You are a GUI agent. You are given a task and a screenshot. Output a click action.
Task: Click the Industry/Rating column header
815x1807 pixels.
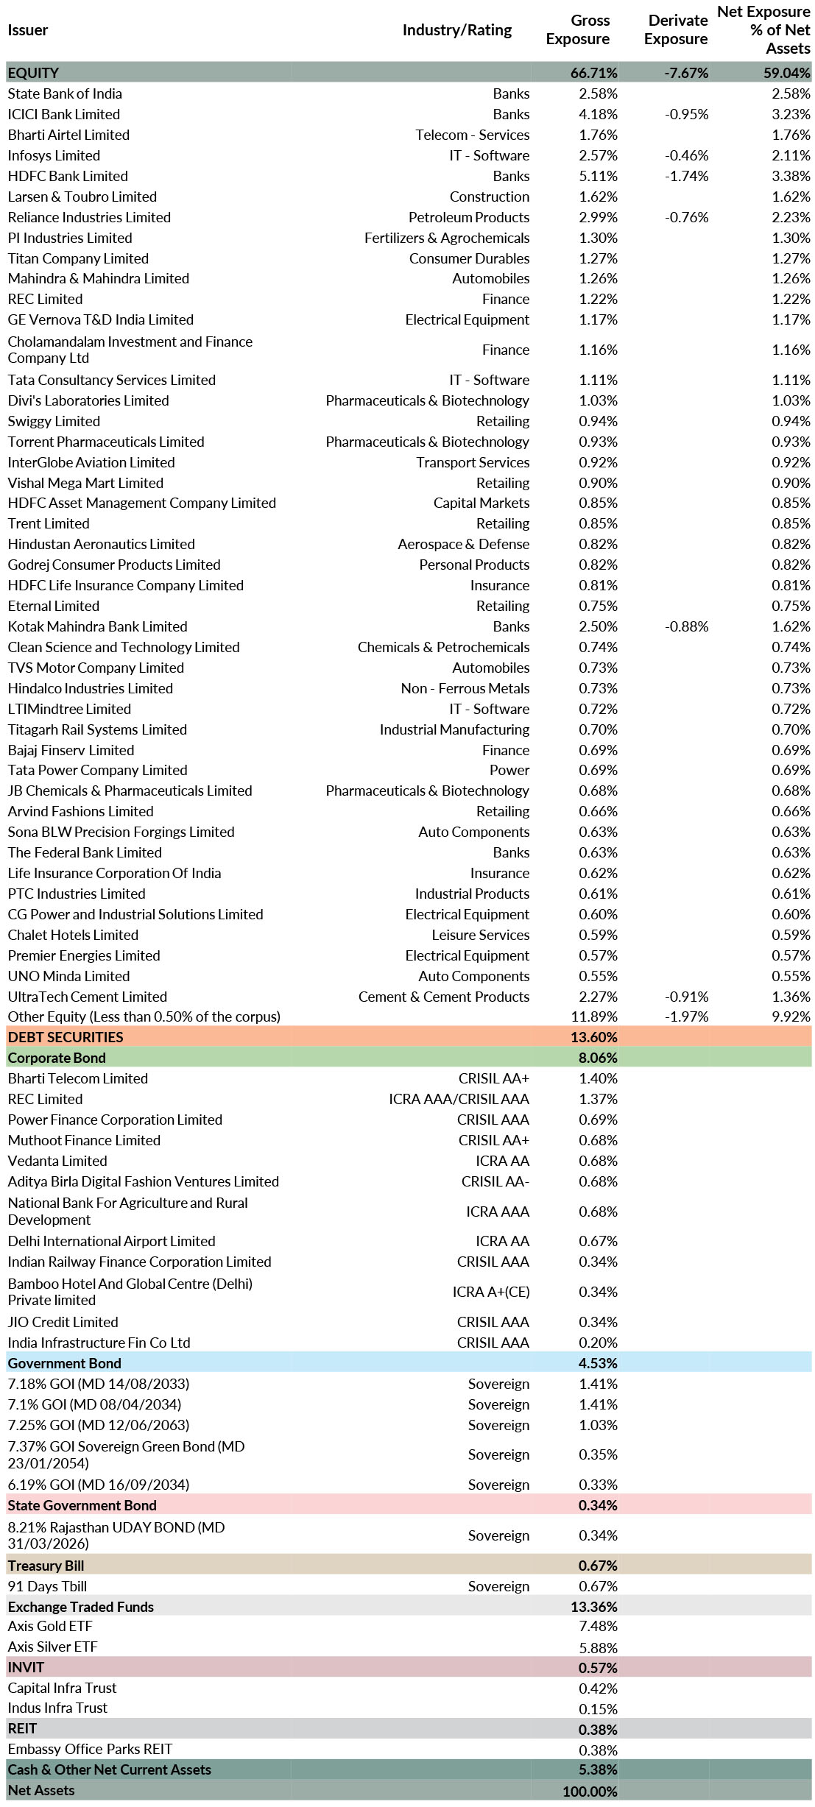[x=456, y=30]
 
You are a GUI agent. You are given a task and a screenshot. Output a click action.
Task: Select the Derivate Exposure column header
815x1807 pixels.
[x=675, y=30]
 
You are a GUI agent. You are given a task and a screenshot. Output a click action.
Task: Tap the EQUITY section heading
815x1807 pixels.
[x=33, y=73]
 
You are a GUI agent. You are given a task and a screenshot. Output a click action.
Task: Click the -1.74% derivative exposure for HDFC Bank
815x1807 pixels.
[x=686, y=176]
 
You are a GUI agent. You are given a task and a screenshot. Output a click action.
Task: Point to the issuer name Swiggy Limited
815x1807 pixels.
[x=54, y=421]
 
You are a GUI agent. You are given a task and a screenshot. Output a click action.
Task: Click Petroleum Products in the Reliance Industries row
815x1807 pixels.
[x=469, y=217]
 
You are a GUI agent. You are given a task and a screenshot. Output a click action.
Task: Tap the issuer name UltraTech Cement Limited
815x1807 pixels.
[x=87, y=997]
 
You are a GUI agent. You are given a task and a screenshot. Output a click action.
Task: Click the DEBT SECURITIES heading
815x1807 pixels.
[x=66, y=1037]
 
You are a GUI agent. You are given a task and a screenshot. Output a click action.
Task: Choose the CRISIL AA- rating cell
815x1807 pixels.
[x=495, y=1181]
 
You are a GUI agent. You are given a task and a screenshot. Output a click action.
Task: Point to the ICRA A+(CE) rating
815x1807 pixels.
[x=490, y=1292]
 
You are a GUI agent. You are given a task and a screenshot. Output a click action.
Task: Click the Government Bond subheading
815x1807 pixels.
[x=64, y=1363]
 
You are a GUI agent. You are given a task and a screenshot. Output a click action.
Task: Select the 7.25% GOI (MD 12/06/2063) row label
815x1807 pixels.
[x=98, y=1425]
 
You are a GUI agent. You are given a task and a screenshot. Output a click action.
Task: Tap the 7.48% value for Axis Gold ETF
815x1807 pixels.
[x=598, y=1626]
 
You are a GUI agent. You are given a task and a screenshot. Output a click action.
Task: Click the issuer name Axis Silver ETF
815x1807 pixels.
[x=52, y=1647]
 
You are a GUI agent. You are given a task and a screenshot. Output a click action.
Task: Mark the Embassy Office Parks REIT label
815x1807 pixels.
[x=90, y=1749]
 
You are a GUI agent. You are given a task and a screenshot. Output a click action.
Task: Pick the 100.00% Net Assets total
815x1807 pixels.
[x=590, y=1791]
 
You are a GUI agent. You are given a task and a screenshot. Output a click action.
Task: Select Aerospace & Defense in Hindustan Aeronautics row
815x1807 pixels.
[x=463, y=544]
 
